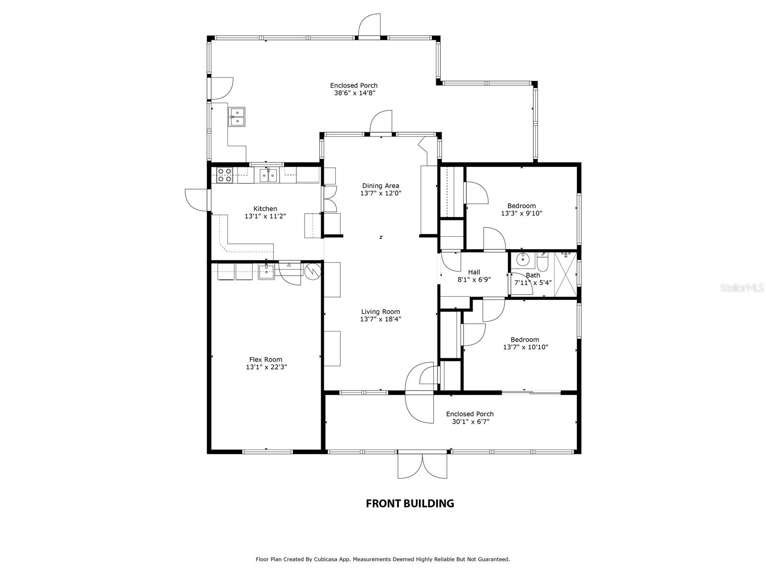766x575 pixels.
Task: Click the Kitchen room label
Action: [x=265, y=209]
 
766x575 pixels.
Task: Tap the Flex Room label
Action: [x=266, y=359]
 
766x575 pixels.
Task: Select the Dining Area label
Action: [x=381, y=186]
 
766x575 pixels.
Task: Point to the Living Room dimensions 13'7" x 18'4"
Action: [x=381, y=319]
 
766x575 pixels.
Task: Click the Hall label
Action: [x=474, y=272]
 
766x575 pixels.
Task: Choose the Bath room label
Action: [x=533, y=275]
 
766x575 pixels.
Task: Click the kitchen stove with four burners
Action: [x=225, y=175]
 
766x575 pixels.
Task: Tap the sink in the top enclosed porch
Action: [x=237, y=116]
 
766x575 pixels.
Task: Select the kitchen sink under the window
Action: [x=269, y=175]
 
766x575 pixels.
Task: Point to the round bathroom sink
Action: [x=522, y=259]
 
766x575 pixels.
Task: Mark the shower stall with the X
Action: [x=565, y=275]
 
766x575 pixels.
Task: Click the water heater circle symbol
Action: [x=313, y=271]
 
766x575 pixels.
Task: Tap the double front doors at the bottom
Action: [x=422, y=465]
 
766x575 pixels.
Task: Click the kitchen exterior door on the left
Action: [x=196, y=200]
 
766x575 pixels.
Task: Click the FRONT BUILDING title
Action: [x=410, y=503]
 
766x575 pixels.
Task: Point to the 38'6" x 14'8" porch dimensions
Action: [x=354, y=93]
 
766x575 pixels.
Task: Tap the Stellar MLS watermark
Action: [x=742, y=287]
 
